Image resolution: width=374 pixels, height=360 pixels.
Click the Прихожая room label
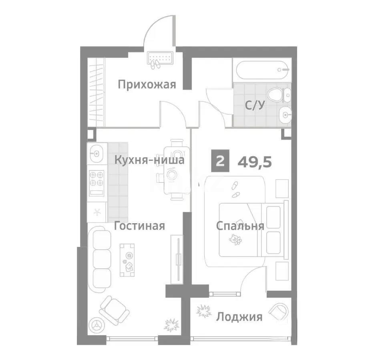click(147, 84)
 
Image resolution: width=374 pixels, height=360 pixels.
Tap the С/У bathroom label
click(255, 105)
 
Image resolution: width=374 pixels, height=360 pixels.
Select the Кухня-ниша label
click(149, 160)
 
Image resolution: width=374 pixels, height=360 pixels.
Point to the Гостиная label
click(139, 226)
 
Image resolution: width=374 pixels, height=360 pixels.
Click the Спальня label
click(240, 226)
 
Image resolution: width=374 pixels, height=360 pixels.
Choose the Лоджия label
click(239, 317)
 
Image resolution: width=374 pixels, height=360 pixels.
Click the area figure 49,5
click(255, 162)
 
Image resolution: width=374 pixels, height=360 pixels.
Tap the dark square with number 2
click(220, 161)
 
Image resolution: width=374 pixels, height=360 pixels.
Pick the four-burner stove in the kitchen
click(97, 183)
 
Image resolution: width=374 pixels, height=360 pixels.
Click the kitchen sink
click(97, 153)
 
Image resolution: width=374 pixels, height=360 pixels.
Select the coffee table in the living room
click(127, 260)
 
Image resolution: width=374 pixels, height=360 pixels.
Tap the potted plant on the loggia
click(204, 311)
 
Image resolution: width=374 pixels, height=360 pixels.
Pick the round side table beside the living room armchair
click(97, 324)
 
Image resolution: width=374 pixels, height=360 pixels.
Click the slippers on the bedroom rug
click(235, 190)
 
